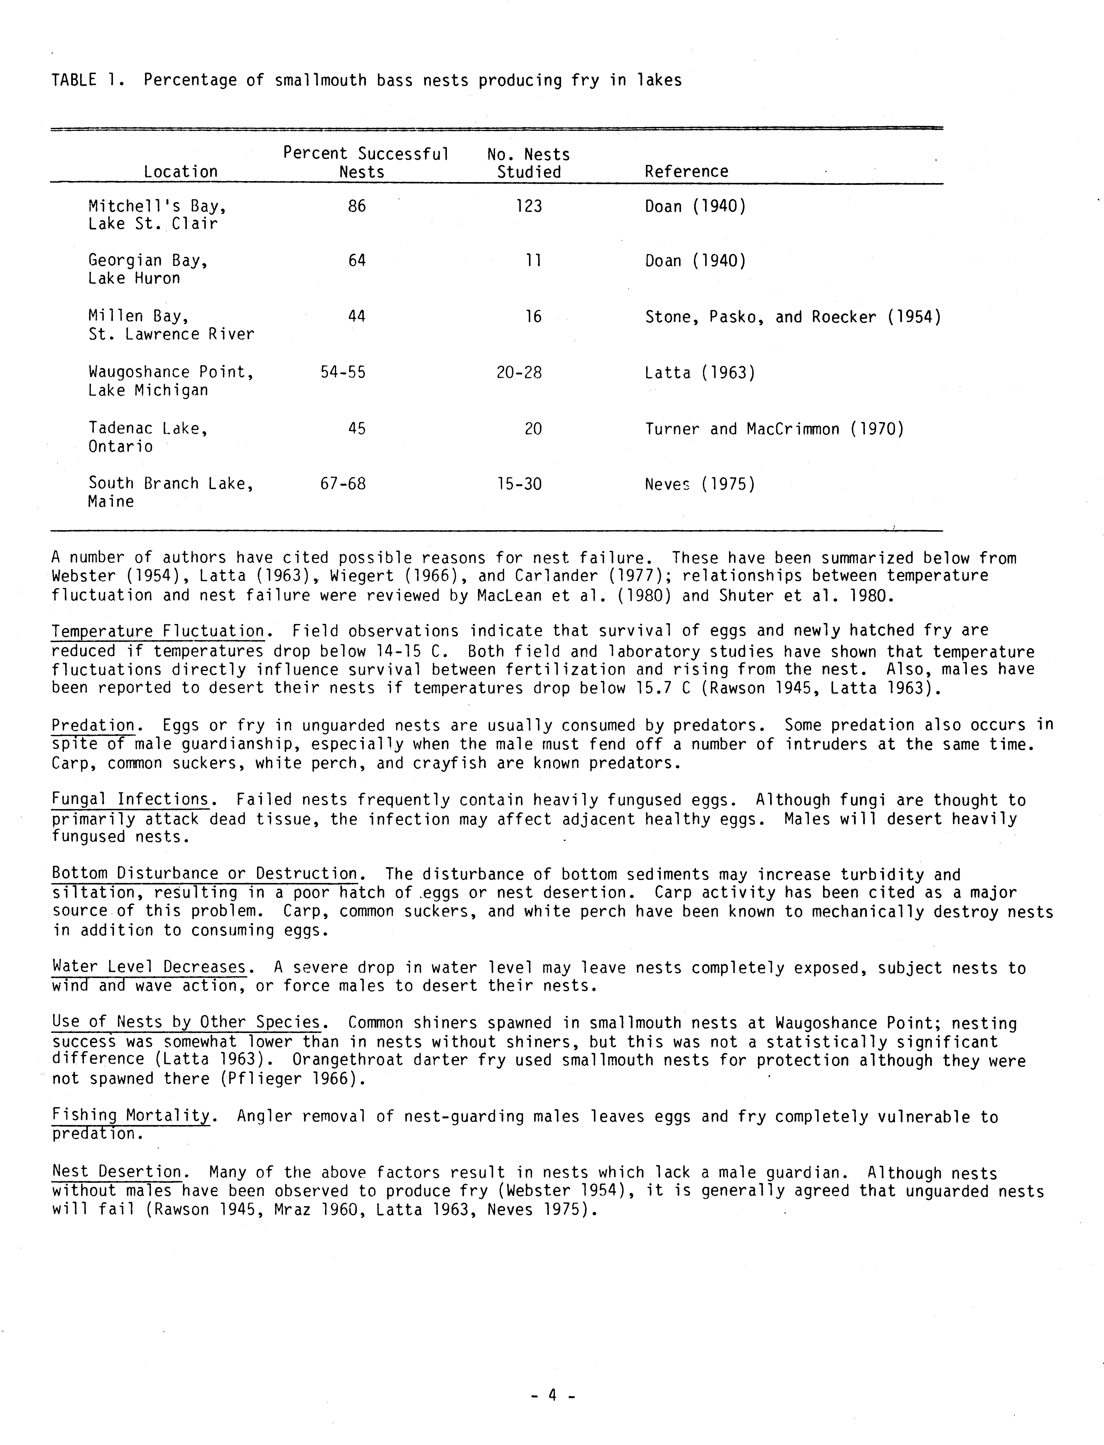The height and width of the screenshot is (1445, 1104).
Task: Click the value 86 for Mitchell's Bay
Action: [357, 206]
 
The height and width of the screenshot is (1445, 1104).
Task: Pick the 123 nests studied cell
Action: [529, 206]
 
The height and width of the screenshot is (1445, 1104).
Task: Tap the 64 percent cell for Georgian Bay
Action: [357, 261]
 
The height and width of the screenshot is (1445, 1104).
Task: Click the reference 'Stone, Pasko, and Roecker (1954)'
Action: [792, 317]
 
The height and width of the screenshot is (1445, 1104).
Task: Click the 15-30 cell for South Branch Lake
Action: [519, 484]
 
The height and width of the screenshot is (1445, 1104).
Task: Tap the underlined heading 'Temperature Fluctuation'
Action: [158, 631]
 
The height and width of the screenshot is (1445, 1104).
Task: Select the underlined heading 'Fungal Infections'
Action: [130, 800]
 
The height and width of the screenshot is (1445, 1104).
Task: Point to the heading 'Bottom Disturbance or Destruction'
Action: [204, 874]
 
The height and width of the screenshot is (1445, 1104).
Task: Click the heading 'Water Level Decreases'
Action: [149, 967]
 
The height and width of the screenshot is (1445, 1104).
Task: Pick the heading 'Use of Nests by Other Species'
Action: [186, 1023]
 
